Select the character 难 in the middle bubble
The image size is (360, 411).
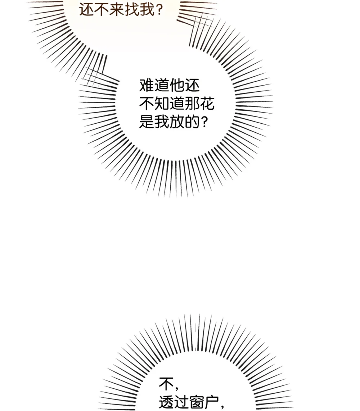click(147, 85)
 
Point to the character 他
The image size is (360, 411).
click(177, 85)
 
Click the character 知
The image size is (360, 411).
click(162, 104)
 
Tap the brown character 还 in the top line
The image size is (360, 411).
click(87, 9)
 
